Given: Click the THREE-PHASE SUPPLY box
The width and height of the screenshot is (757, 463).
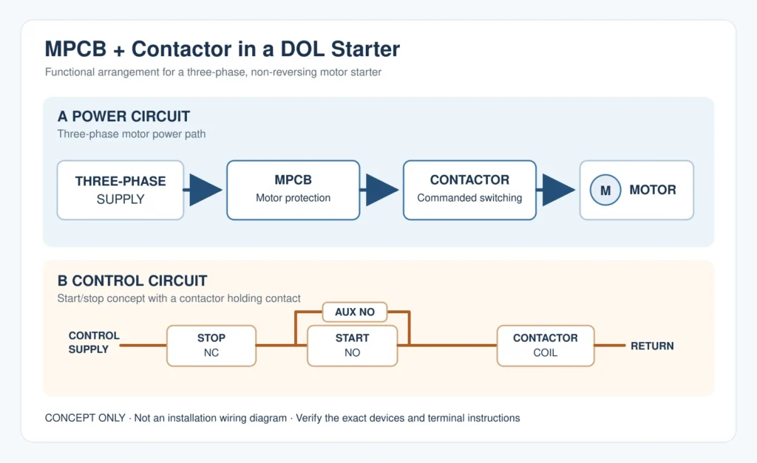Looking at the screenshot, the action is [120, 190].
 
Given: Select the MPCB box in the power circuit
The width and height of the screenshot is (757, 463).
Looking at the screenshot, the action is [293, 190].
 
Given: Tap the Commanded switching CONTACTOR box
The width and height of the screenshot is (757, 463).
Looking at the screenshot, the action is [469, 190].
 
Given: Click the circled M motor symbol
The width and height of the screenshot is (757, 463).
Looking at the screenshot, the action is [605, 190].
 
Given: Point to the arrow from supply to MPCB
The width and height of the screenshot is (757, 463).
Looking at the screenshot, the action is [203, 190].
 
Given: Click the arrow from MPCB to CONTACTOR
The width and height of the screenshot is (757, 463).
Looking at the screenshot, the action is [379, 190].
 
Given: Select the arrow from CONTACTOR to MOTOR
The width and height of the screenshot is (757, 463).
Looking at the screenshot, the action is [556, 190].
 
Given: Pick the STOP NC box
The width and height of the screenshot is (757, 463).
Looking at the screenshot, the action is [211, 346].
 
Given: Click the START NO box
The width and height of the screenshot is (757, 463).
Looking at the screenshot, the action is [353, 346].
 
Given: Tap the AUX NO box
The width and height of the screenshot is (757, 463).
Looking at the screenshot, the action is [355, 312].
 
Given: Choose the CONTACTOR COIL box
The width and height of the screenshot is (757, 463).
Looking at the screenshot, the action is [546, 346].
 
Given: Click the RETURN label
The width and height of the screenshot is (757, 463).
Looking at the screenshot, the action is [652, 346].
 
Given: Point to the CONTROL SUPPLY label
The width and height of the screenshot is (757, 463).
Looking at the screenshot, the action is [94, 343].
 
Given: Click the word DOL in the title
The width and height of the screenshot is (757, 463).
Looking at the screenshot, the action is [302, 49].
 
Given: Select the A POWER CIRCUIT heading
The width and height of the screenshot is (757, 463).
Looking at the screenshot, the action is [123, 116].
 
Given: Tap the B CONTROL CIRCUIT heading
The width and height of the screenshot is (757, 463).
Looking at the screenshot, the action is [132, 281].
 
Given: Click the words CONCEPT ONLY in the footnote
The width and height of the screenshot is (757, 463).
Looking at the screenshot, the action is [85, 418].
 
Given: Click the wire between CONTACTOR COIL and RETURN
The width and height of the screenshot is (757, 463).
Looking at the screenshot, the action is [610, 346].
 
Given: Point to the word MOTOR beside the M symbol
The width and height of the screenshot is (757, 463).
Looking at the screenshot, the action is [653, 190].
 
